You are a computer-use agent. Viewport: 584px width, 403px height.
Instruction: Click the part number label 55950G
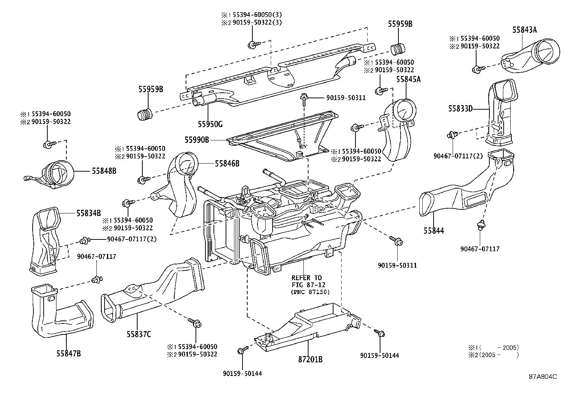[210, 124]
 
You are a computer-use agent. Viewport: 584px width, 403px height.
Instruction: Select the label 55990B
[197, 140]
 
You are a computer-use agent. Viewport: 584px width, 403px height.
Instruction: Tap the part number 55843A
[525, 30]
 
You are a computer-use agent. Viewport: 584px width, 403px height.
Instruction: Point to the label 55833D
[460, 109]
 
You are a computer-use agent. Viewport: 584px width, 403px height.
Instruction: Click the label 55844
[434, 231]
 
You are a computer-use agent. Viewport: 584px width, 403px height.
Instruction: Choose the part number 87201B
[310, 359]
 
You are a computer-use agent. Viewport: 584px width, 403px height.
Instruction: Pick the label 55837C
[139, 334]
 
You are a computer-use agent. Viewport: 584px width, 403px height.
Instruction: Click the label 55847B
[69, 353]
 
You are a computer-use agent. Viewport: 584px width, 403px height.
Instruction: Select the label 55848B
[104, 171]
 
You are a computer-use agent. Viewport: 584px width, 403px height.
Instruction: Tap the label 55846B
[227, 164]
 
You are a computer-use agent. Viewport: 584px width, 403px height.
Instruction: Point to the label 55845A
[408, 79]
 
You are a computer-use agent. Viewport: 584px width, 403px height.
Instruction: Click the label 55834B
[88, 213]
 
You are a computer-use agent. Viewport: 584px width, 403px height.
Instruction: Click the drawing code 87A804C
[543, 377]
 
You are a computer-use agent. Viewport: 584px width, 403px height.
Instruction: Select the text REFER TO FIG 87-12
[307, 281]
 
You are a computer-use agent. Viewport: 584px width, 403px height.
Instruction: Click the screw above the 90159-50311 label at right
[397, 242]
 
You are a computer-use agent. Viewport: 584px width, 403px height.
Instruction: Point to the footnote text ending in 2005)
[494, 347]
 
